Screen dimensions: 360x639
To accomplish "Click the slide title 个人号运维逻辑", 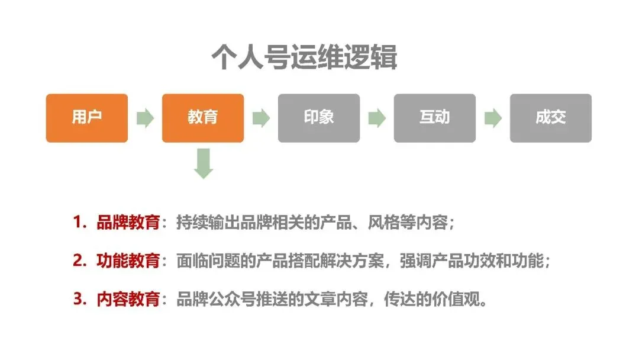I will point(304,58).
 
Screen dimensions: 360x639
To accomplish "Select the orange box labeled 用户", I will point(87,118).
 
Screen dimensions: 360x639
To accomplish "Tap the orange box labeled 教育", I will point(203,118).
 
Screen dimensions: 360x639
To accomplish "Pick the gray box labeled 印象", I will point(319,118).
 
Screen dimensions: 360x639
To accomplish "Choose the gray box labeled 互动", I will point(435,118).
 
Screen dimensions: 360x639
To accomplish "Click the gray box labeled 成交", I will point(551,118).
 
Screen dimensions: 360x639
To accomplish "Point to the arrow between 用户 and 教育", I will point(145,118).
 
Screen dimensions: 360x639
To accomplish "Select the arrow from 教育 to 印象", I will point(261,118).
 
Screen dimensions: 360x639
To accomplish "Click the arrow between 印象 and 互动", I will point(377,118).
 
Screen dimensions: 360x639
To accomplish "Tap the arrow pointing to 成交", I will point(493,118).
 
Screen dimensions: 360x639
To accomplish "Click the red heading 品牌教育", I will point(128,223).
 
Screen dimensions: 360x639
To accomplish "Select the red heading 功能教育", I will point(128,261).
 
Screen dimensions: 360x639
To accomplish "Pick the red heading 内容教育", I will point(128,299).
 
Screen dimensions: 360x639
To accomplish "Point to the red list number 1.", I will point(78,223).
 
